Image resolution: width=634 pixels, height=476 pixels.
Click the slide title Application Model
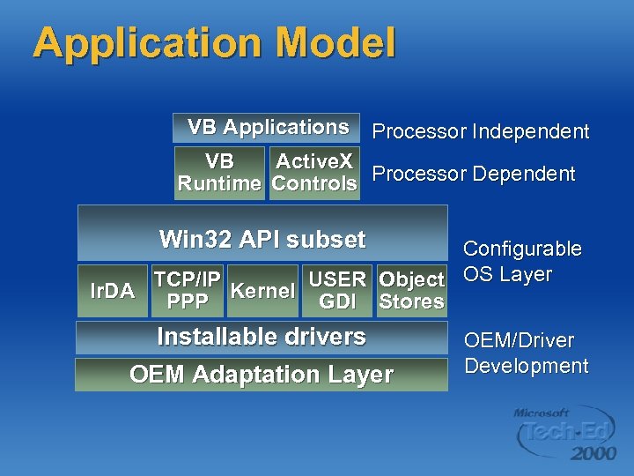214,44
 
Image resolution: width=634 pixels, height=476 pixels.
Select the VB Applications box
267,128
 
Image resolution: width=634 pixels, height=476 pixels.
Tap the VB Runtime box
219,173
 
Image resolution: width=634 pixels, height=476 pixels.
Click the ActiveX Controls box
314,173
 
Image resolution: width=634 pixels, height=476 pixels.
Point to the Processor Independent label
481,132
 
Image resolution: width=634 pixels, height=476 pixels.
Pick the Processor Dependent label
474,175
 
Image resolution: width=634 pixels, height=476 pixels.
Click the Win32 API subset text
262,240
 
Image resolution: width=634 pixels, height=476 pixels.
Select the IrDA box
113,290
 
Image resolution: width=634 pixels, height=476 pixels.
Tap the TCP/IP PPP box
188,290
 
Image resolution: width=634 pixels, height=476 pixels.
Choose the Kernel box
262,290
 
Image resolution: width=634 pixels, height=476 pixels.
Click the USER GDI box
337,290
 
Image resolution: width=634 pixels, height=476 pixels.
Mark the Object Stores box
411,290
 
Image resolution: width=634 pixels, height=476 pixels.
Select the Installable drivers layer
262,337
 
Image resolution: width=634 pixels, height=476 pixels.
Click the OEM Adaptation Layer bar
262,375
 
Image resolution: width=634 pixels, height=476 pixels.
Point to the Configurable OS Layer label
521,261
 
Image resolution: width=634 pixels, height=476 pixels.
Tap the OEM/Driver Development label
526,353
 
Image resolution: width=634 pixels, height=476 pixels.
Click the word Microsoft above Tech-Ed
542,413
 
